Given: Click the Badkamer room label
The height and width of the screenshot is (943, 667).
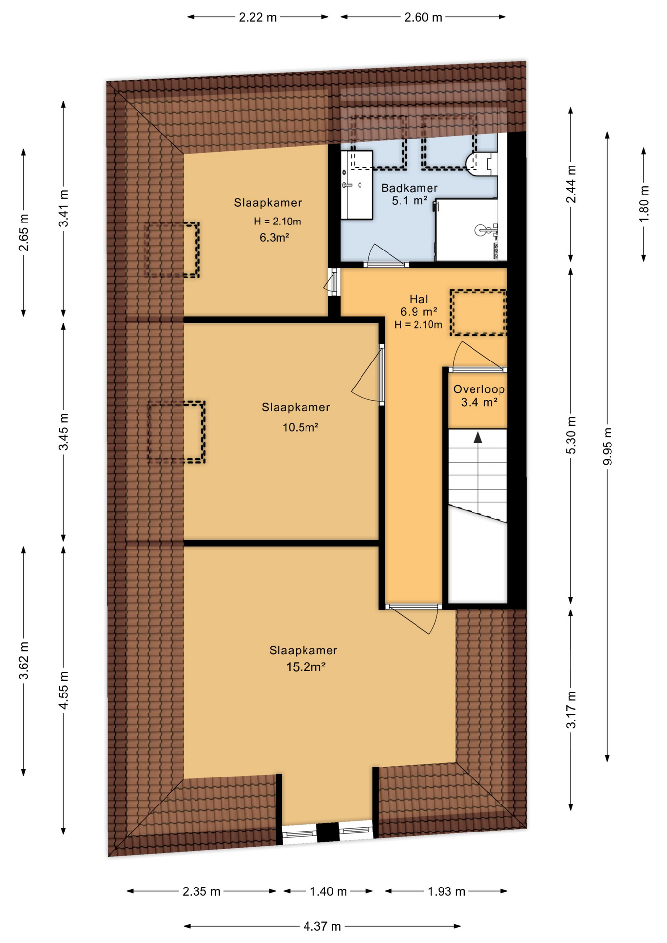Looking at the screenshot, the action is click(409, 188).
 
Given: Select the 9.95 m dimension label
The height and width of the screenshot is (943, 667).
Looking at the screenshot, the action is click(608, 446).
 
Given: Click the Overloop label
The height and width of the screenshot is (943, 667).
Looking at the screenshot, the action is click(479, 389).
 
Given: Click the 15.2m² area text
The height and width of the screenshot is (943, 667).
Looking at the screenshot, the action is click(306, 666).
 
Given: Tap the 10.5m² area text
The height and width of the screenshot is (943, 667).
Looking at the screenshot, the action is click(300, 427).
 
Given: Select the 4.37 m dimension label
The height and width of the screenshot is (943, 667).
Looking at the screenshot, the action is click(322, 926).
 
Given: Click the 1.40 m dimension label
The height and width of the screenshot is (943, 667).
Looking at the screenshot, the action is click(328, 891).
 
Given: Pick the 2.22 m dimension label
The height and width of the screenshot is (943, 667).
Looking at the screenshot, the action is click(258, 17).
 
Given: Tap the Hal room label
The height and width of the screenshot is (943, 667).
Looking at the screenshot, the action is click(418, 299).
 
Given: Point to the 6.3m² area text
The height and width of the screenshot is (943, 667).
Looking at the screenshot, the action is click(274, 238).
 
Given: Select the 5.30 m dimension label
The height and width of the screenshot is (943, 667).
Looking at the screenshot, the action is click(571, 436).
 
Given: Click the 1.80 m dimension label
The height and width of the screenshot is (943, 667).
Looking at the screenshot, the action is click(644, 203).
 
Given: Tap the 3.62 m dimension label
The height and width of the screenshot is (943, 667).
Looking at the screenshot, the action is click(23, 660).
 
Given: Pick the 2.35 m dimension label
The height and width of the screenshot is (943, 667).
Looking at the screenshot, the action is click(201, 891).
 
